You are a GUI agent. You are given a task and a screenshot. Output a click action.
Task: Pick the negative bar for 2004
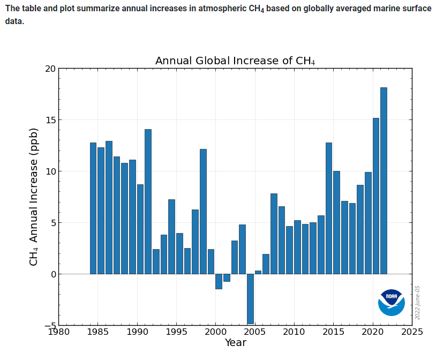(250, 298)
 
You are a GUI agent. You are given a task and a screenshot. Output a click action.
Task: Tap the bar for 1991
(148, 201)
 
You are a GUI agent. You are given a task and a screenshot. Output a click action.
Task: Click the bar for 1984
(93, 208)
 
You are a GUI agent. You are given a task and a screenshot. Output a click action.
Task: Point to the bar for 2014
(328, 208)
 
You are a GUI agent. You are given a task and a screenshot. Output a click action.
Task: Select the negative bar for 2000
(219, 281)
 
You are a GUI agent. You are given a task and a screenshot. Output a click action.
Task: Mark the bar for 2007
(274, 234)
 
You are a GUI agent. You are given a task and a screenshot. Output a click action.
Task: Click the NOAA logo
(391, 302)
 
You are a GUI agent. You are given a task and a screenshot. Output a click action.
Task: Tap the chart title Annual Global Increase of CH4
(235, 61)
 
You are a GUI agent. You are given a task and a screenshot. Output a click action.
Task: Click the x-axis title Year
(235, 343)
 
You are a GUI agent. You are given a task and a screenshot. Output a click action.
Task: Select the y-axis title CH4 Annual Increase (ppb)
(34, 197)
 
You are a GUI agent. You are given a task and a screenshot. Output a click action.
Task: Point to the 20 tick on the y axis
(50, 69)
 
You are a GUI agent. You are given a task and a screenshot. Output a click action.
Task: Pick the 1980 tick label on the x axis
(59, 332)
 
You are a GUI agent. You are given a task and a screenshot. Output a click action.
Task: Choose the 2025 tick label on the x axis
(412, 332)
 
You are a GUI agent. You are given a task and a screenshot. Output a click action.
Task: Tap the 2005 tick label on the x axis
(254, 332)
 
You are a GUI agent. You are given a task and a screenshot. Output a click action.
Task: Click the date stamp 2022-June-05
(418, 303)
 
